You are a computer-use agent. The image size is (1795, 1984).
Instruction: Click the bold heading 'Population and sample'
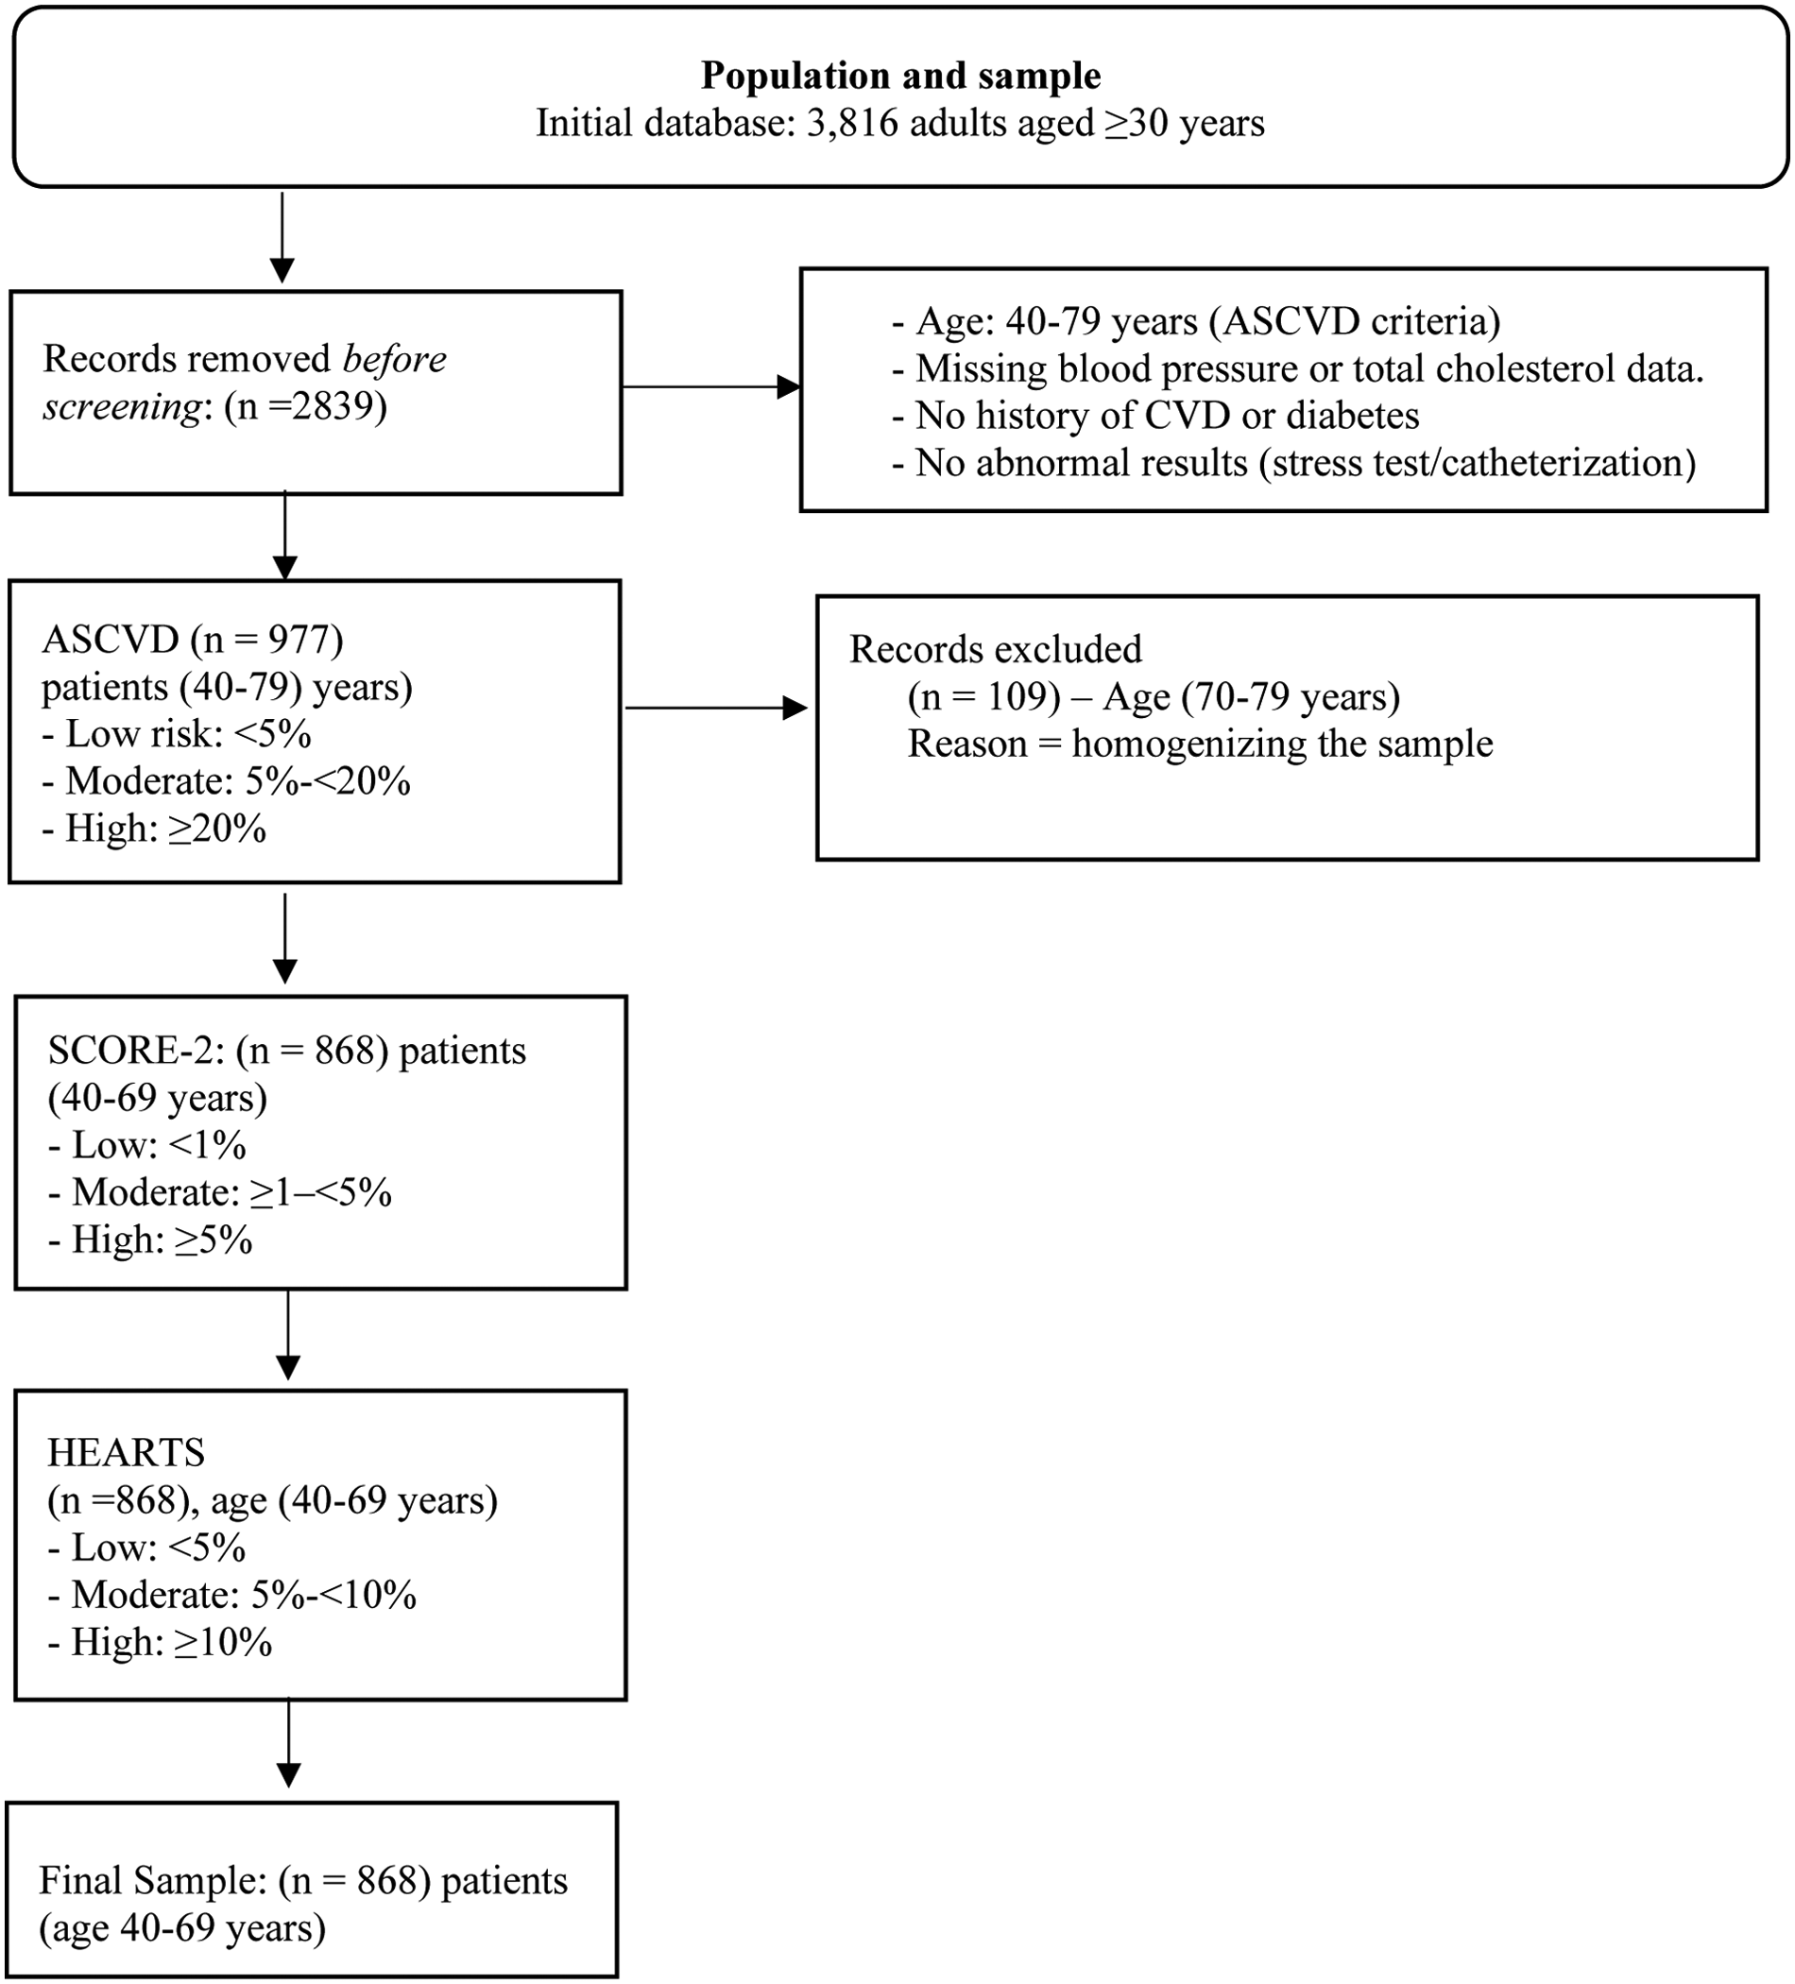[x=899, y=76]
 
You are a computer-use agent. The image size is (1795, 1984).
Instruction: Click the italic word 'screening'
[x=121, y=406]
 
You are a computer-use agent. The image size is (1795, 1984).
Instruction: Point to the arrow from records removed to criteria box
[x=710, y=386]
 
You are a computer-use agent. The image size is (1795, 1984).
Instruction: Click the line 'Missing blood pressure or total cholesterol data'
[x=1308, y=369]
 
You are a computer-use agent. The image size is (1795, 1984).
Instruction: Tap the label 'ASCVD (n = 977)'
[x=193, y=640]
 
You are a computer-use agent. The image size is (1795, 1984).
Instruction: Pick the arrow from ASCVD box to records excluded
[x=715, y=708]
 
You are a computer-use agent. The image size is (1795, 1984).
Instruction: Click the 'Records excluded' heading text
[x=995, y=650]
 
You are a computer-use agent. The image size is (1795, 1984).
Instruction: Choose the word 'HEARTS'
[x=126, y=1454]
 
